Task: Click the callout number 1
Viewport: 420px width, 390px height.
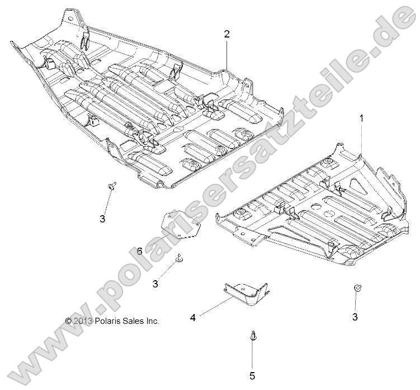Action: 361,118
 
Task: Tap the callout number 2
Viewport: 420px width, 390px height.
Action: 226,34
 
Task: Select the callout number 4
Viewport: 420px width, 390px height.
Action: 193,318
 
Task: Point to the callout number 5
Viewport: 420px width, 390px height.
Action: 252,376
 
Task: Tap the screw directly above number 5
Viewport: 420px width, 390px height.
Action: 251,335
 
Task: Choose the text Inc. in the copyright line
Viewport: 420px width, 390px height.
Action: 153,321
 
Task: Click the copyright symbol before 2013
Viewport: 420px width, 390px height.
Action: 69,321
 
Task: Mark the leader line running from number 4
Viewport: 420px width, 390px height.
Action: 215,307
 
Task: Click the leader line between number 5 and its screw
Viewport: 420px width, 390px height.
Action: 252,356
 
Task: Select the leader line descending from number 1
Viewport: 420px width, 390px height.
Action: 361,140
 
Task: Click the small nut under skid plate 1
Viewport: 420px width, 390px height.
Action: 356,288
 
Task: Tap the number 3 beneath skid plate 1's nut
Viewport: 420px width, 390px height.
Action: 355,317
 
